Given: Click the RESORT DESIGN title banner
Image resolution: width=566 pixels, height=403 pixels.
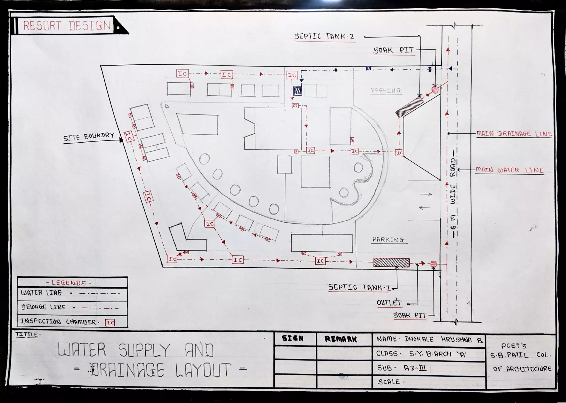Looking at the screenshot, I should (66, 26).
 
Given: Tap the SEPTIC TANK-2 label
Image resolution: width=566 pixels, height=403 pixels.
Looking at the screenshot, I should (324, 36).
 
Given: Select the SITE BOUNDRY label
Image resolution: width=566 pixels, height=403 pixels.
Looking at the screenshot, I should (89, 136).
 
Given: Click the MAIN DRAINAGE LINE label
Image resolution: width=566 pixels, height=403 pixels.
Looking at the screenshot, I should (514, 134).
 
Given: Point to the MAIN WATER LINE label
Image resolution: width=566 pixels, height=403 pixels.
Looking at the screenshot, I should (509, 170).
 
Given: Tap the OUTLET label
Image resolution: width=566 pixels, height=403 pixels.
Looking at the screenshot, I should (389, 303).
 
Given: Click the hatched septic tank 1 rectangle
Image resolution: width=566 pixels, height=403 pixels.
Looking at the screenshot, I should (391, 263).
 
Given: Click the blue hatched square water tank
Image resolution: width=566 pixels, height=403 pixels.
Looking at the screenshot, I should (297, 91).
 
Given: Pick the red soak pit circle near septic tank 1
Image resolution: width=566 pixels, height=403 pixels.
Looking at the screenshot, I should (434, 264).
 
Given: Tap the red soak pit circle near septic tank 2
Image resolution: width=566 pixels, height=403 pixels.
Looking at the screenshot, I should (435, 90).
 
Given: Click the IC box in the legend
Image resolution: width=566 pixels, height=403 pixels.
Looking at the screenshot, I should (110, 322).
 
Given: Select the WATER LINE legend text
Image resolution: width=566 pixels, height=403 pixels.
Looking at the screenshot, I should (41, 293).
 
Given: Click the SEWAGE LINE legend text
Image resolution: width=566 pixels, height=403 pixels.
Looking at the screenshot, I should (44, 307).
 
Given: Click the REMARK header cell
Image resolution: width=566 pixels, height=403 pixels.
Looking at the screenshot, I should (341, 339).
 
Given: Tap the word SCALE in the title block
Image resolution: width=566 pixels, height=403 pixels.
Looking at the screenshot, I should (389, 382).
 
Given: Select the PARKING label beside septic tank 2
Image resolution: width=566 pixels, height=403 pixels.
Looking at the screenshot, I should (386, 90).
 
